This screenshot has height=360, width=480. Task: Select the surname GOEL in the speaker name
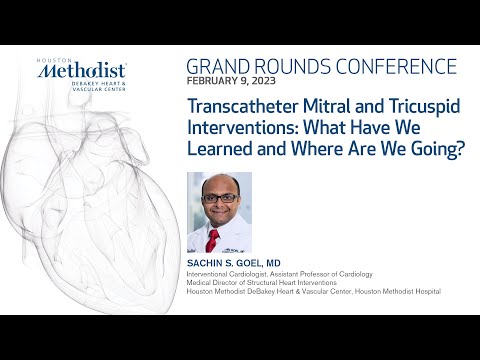tap(254, 261)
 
